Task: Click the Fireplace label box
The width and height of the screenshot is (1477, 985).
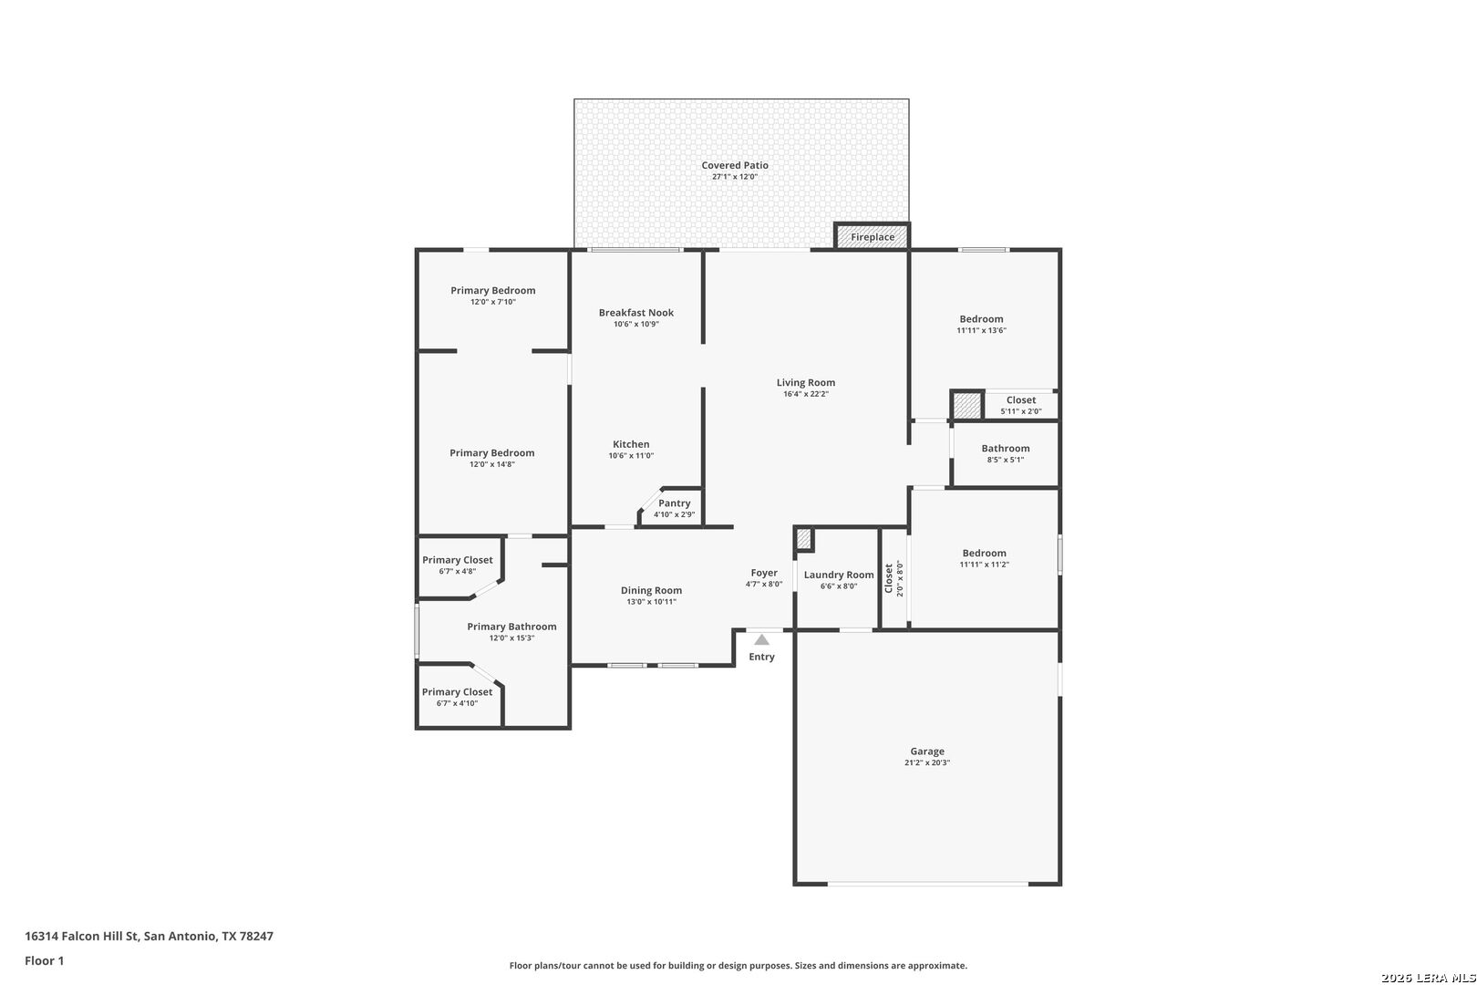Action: tap(872, 237)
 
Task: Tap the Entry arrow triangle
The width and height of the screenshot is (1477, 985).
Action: tap(761, 640)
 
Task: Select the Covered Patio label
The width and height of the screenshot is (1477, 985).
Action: tap(735, 166)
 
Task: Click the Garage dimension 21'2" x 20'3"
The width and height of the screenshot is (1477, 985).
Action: tap(927, 762)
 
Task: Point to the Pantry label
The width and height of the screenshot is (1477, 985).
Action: tap(674, 503)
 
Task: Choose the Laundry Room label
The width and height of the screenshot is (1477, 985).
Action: tap(839, 575)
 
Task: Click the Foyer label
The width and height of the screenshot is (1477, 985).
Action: tap(764, 574)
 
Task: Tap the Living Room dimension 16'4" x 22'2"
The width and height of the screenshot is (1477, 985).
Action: tap(806, 394)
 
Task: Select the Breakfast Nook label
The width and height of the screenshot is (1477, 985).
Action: tap(636, 313)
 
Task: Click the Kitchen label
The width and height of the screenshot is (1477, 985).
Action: tap(631, 445)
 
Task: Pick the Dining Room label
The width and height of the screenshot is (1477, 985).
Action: tap(652, 590)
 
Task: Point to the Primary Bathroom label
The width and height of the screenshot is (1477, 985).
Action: tap(511, 627)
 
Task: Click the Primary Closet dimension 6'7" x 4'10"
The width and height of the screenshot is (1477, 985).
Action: tap(457, 703)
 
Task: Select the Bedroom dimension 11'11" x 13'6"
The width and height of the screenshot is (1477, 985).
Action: tap(982, 330)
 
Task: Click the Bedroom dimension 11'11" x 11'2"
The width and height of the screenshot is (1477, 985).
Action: tap(985, 564)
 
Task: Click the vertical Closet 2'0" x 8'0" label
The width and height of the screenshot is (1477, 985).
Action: tap(893, 578)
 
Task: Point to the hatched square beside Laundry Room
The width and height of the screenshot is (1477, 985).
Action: tap(804, 539)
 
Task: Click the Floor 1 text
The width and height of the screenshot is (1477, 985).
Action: tap(44, 960)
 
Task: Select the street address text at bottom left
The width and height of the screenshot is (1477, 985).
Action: tap(149, 936)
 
